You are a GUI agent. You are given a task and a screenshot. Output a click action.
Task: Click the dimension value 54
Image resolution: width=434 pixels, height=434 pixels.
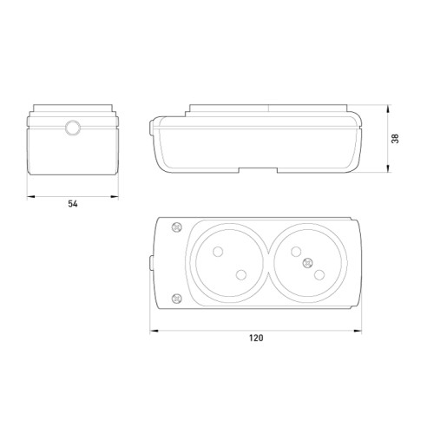point(73,204)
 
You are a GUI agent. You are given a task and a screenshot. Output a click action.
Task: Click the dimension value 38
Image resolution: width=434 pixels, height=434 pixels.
point(395,138)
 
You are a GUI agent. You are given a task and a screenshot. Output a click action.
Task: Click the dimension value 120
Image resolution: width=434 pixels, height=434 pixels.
point(256,338)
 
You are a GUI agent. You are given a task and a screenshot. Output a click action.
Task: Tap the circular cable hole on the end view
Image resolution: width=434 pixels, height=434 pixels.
point(73,128)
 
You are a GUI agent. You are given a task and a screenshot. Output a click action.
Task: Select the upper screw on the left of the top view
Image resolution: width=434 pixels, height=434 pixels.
point(177,227)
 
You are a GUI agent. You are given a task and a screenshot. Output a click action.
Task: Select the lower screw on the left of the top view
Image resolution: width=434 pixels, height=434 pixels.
point(177,298)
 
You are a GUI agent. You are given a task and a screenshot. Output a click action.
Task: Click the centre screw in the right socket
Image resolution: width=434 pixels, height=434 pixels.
point(307,263)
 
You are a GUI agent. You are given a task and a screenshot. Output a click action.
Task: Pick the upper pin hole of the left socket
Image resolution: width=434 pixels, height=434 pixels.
point(218,252)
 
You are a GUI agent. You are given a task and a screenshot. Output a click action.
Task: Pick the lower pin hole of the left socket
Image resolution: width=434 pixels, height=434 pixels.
point(241,275)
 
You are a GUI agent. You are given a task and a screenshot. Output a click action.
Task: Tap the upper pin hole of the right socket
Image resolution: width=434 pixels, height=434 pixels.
point(296,252)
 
